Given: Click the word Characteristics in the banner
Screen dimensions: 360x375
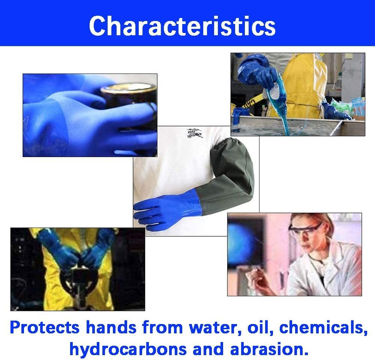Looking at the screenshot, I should point(182,25).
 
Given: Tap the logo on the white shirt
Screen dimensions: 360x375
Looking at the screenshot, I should point(195,133).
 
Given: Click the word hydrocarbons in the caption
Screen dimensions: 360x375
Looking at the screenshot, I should point(127,349).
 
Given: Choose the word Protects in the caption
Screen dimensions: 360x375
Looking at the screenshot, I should point(44,327).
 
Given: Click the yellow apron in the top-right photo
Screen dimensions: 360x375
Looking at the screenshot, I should point(300,86).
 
